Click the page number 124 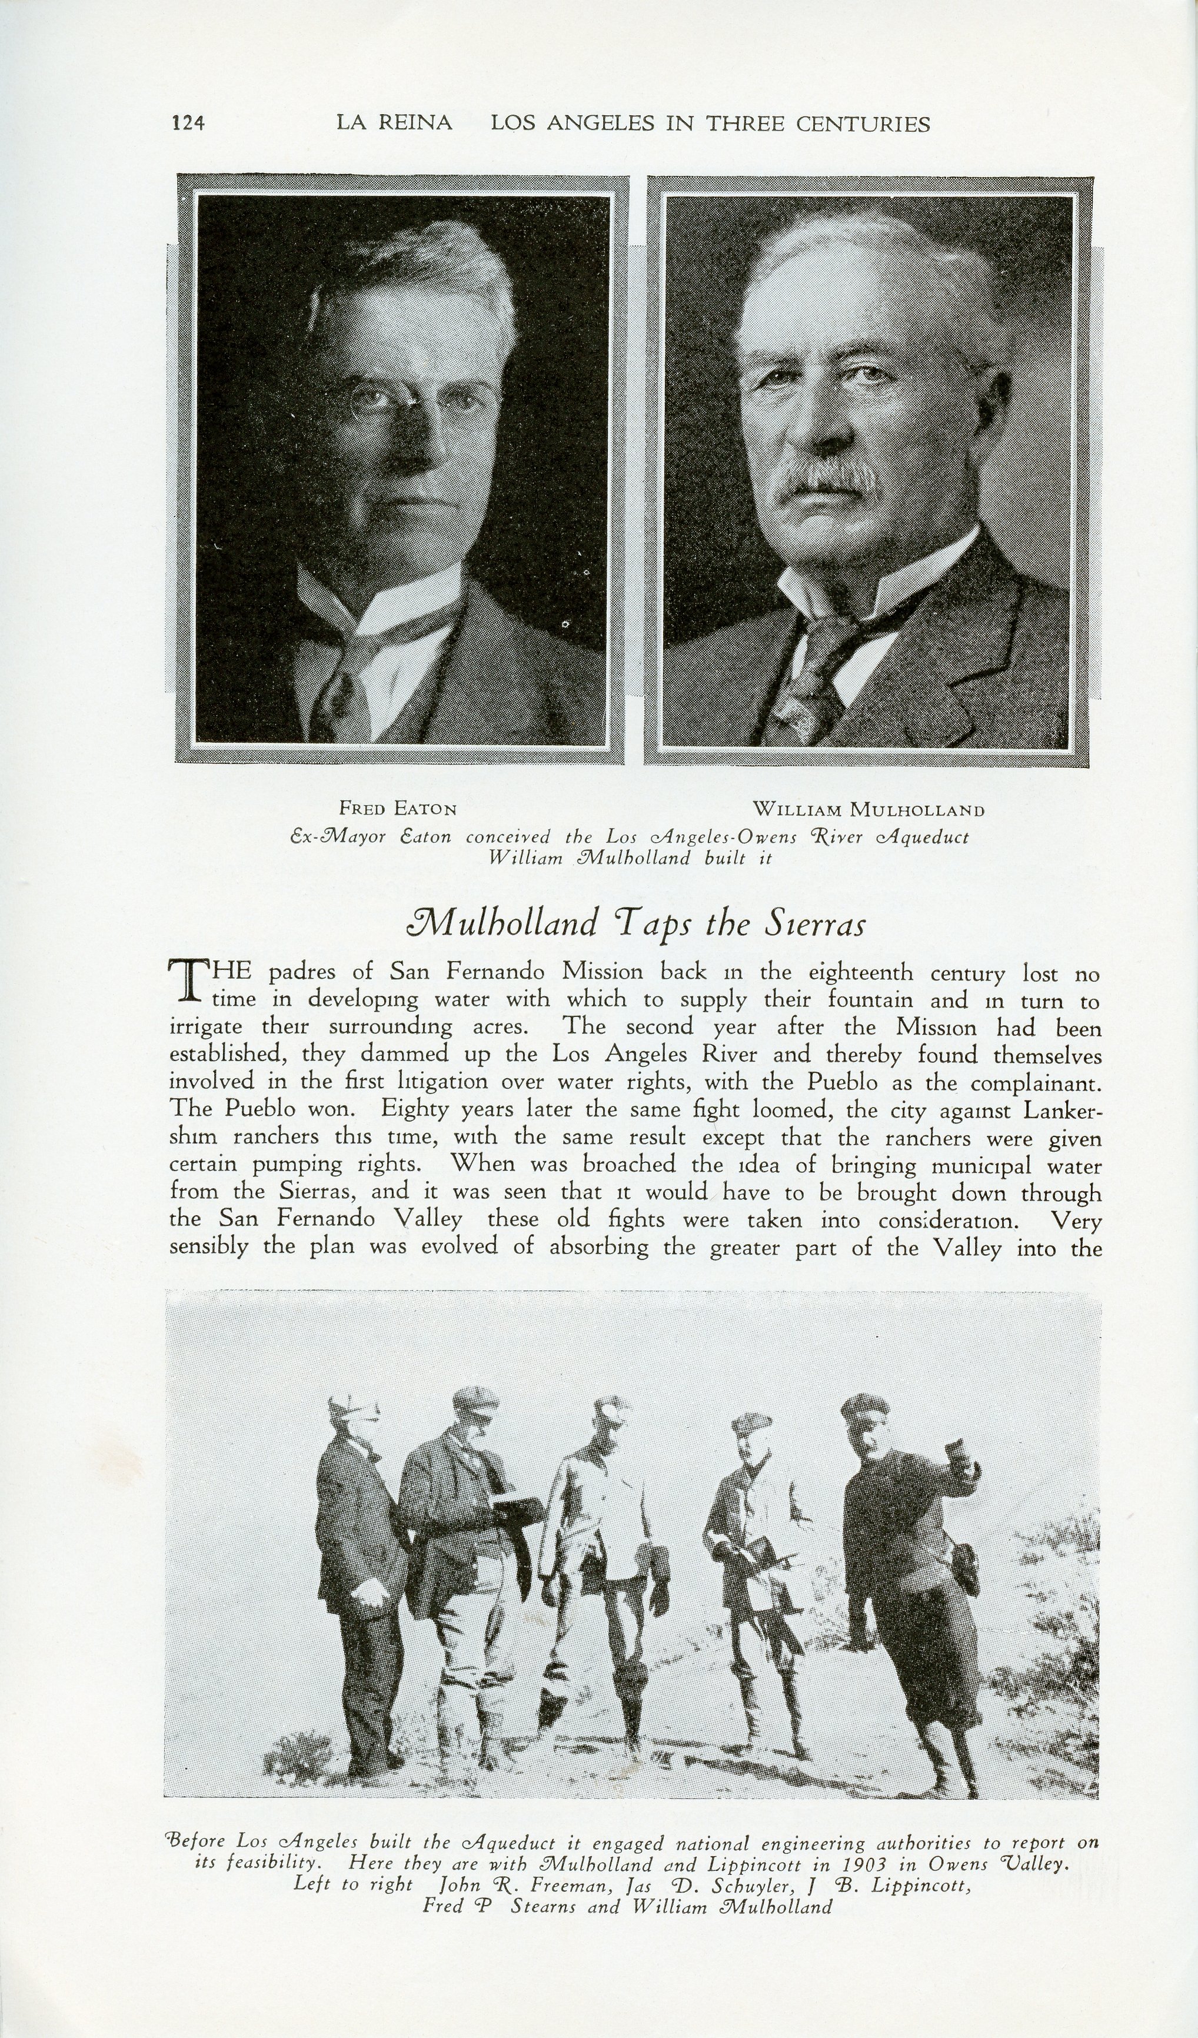[x=188, y=123]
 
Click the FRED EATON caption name [x=398, y=808]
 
